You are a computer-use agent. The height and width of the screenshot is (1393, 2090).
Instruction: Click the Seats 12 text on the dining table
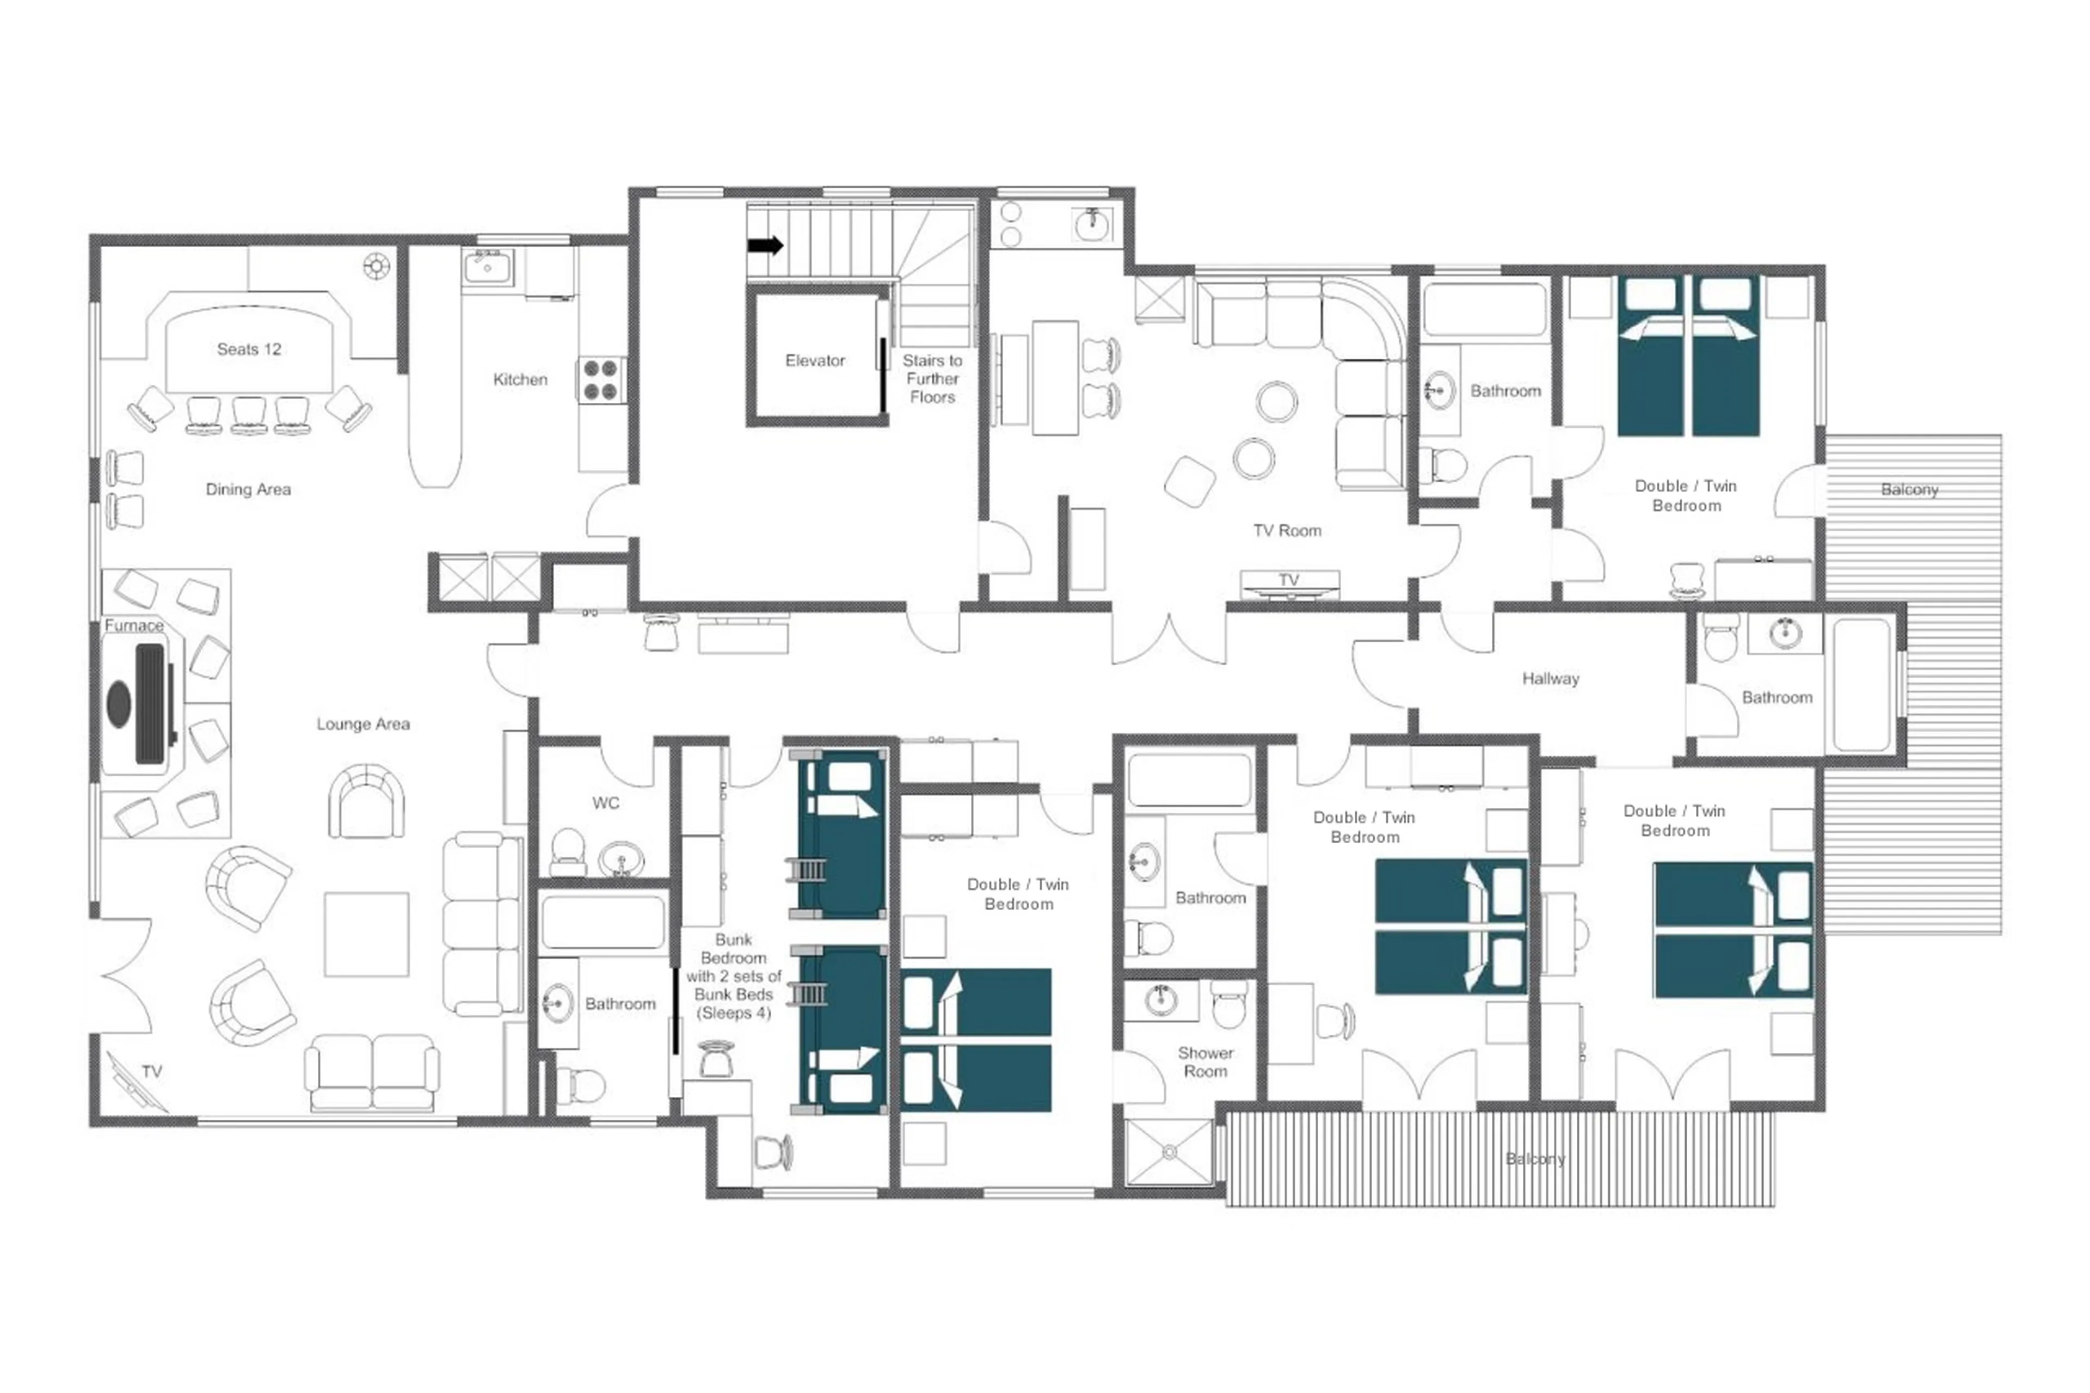249,349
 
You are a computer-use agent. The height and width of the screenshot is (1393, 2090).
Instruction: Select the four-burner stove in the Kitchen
600,381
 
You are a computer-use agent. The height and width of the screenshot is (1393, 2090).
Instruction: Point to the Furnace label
134,625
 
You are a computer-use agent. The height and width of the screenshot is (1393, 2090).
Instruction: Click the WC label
606,803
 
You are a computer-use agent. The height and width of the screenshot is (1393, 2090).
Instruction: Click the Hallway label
1550,679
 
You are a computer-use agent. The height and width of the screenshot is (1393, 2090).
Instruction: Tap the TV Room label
1287,530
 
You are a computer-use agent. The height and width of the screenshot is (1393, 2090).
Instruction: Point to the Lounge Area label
363,724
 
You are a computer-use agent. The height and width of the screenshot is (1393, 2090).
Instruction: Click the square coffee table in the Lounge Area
366,935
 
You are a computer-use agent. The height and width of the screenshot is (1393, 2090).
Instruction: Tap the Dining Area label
248,489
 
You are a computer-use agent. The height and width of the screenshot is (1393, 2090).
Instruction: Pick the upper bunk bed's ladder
807,869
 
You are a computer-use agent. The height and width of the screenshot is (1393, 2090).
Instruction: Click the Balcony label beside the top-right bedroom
1909,489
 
